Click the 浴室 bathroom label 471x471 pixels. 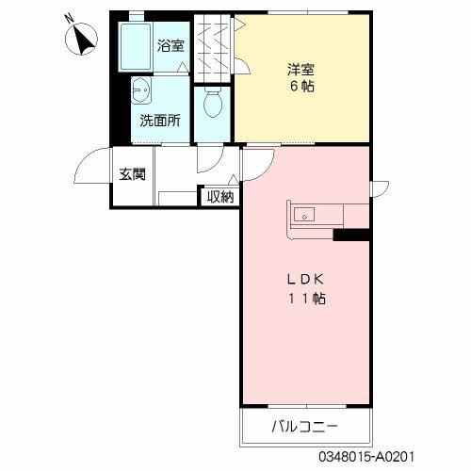pyautogui.click(x=171, y=45)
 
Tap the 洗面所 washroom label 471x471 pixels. pyautogui.click(x=160, y=120)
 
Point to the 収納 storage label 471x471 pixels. pyautogui.click(x=220, y=196)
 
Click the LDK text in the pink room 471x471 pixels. pyautogui.click(x=307, y=279)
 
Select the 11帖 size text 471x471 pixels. pyautogui.click(x=307, y=300)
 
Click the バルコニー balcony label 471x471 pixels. pyautogui.click(x=306, y=427)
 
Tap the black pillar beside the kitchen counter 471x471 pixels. pyautogui.click(x=352, y=234)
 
